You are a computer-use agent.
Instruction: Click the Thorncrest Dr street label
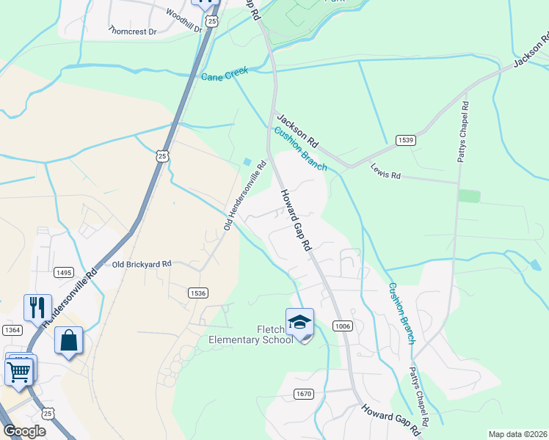click(133, 32)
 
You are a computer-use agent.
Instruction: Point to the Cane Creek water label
click(225, 74)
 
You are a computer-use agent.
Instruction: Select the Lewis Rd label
click(385, 176)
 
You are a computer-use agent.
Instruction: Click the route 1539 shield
click(405, 140)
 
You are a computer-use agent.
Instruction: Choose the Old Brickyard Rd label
click(142, 263)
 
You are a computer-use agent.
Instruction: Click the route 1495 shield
click(64, 272)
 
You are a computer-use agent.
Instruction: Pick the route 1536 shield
click(198, 293)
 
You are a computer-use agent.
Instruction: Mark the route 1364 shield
click(12, 331)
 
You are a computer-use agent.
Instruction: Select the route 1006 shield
click(342, 326)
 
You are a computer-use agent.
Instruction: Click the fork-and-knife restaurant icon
click(37, 307)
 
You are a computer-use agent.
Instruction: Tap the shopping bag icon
click(68, 340)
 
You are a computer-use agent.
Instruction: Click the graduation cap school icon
click(299, 322)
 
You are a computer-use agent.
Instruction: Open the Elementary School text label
click(251, 340)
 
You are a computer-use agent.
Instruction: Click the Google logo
click(24, 431)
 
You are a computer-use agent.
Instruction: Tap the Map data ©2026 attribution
click(517, 434)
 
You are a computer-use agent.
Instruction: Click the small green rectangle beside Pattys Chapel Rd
click(469, 196)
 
